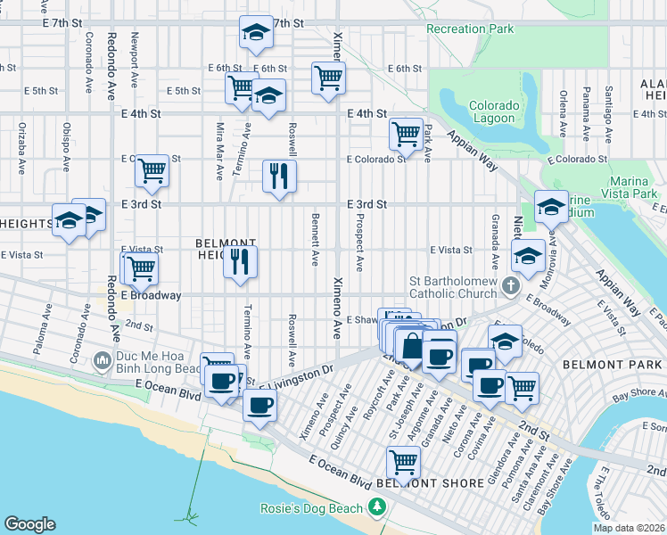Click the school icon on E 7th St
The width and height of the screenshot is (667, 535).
(256, 33)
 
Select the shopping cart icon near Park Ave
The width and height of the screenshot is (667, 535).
(406, 134)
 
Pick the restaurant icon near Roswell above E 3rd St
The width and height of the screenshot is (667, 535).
(279, 175)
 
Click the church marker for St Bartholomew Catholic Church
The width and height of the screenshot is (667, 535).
(510, 286)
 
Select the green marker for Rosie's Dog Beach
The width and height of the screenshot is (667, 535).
(378, 508)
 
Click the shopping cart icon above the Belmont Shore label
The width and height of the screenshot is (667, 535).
(403, 462)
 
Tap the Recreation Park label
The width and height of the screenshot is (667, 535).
(470, 29)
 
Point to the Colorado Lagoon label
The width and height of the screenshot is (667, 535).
(493, 111)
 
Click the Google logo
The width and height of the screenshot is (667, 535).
(29, 524)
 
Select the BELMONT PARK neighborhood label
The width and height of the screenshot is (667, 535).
(602, 365)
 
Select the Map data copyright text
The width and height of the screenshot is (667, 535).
(629, 528)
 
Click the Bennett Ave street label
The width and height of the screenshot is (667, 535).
(315, 240)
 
